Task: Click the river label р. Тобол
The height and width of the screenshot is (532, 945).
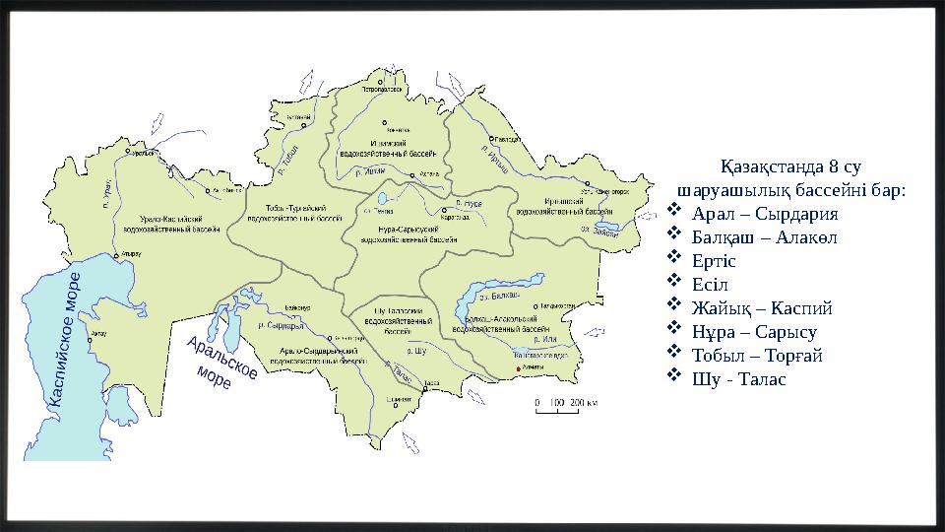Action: point(288,159)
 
